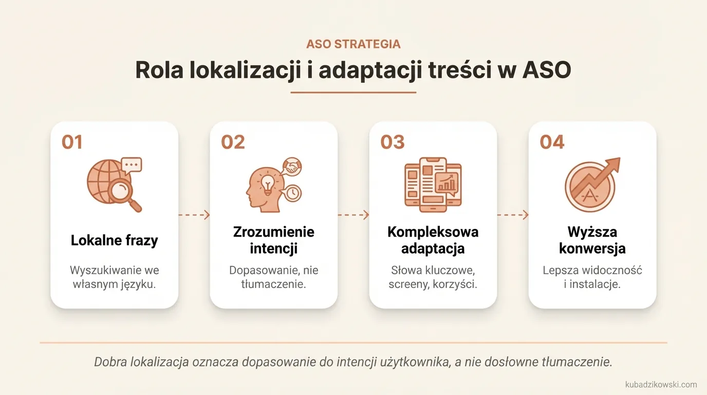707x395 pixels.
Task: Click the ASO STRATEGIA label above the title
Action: [353, 44]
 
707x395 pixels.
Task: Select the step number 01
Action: [72, 142]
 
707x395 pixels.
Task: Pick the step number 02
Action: [233, 142]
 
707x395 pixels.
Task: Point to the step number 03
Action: [393, 142]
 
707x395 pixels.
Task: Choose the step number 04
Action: [552, 142]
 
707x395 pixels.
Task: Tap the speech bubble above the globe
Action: [132, 165]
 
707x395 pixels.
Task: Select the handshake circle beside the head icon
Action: [292, 166]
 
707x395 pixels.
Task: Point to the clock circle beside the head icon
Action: [292, 192]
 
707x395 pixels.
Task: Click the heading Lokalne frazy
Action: [114, 240]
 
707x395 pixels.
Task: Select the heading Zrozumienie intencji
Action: [273, 240]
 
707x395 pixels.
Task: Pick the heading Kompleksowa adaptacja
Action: [433, 240]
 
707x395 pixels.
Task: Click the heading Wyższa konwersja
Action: [592, 240]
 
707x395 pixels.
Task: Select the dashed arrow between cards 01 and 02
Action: [194, 215]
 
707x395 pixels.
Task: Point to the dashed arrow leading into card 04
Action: [513, 215]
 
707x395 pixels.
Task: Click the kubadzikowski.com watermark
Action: [661, 384]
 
